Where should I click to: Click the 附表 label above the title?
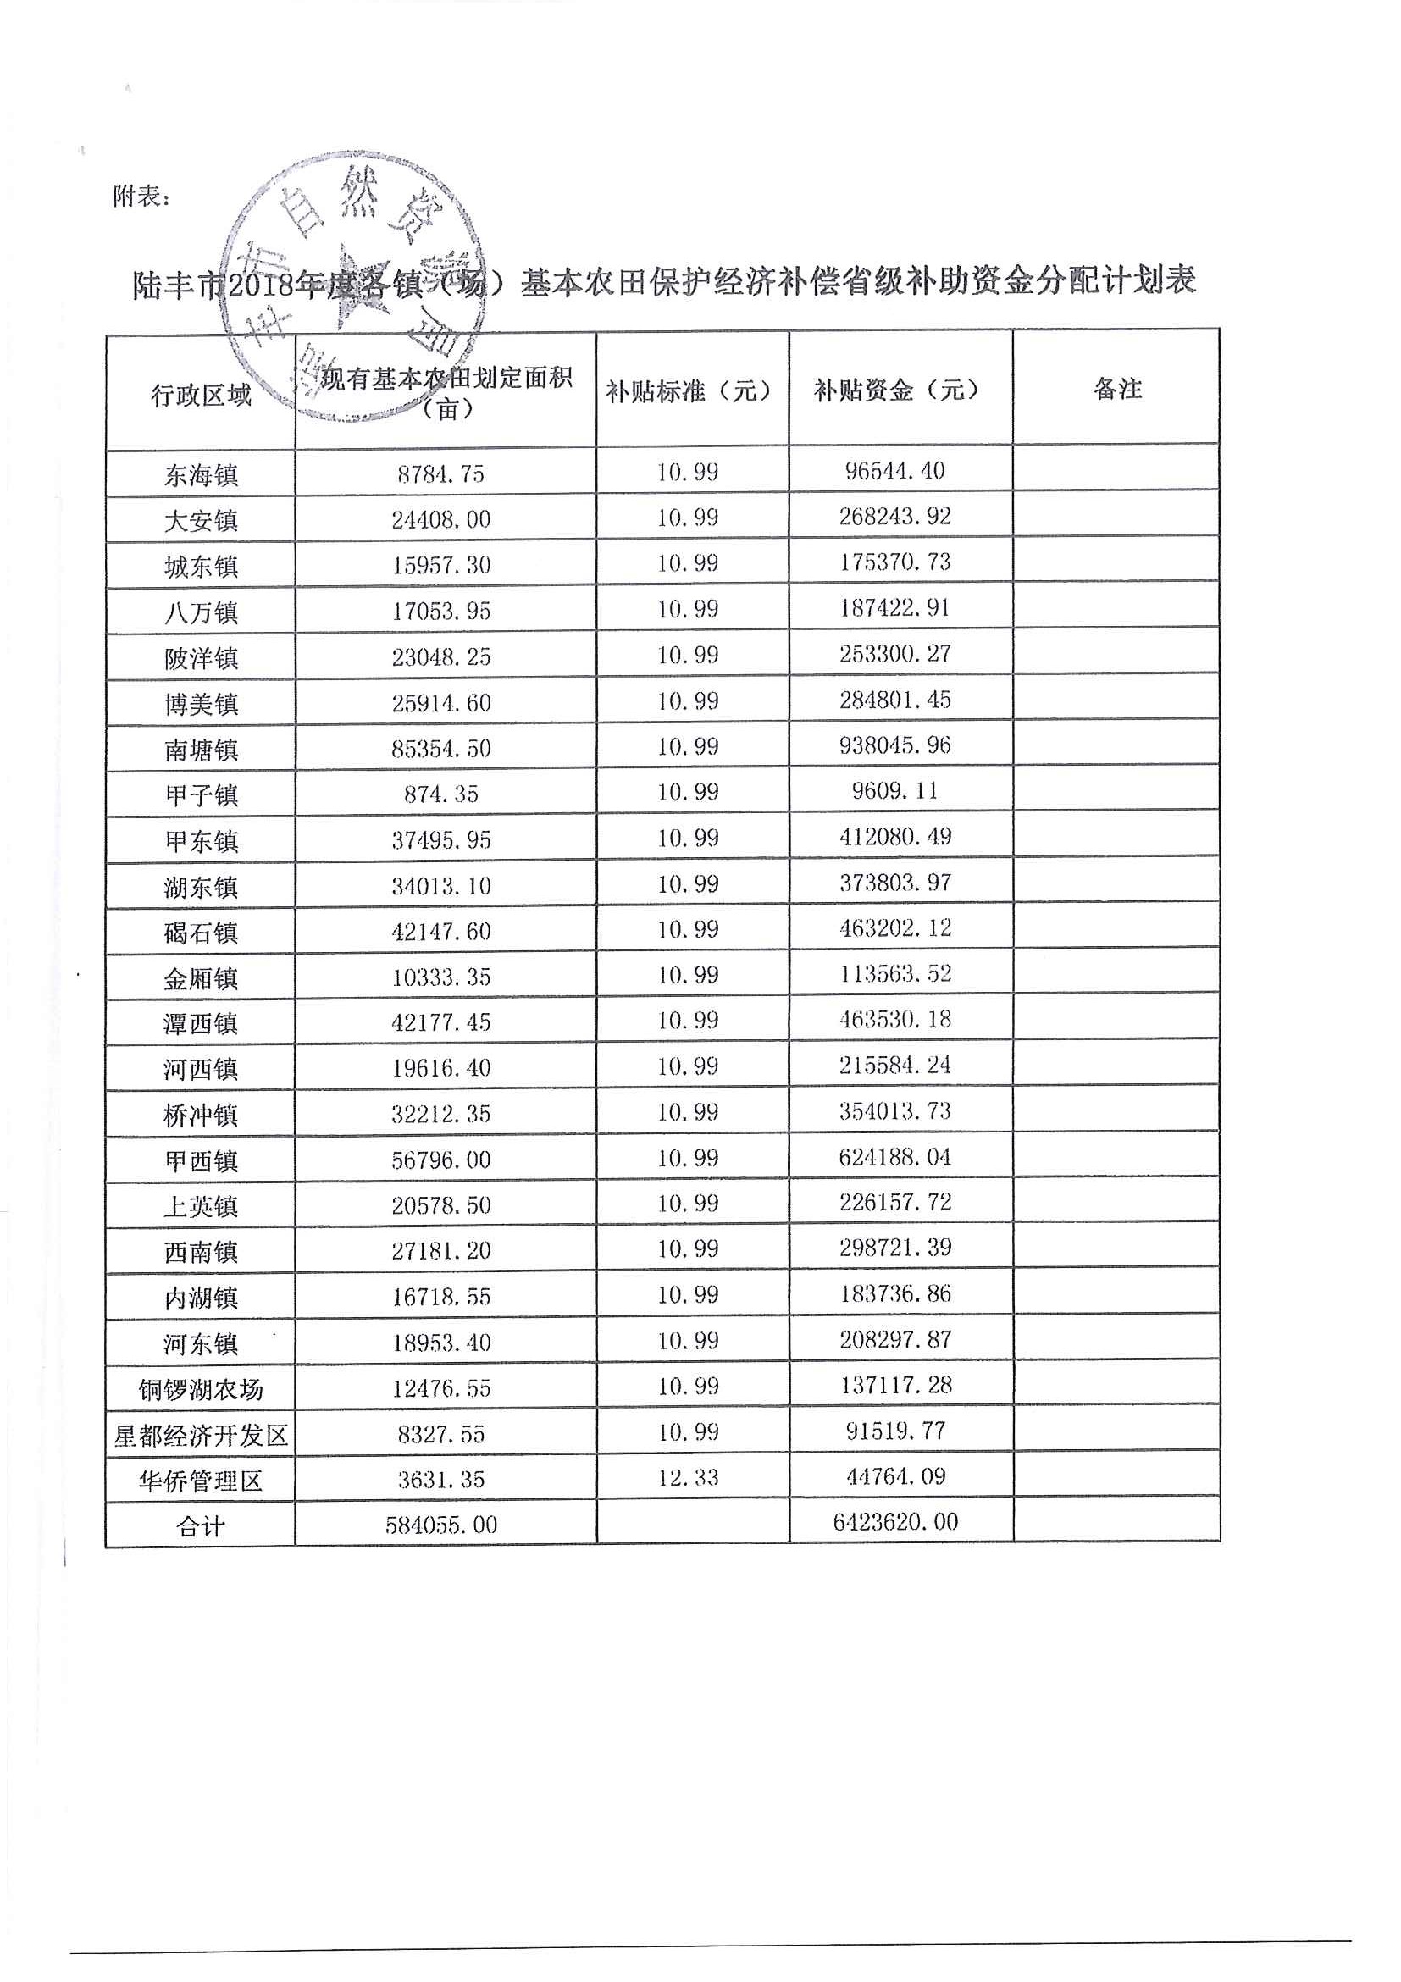click(141, 197)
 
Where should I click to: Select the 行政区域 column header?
click(200, 395)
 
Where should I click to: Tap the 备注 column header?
click(1117, 390)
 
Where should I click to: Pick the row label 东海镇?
click(200, 475)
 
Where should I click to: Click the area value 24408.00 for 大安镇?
click(441, 520)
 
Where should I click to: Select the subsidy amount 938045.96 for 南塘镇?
click(895, 745)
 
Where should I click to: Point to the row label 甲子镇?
click(200, 795)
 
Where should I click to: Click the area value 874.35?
click(441, 794)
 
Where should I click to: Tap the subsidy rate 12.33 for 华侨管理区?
click(688, 1477)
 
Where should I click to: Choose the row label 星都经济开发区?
click(200, 1436)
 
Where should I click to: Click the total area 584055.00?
click(441, 1525)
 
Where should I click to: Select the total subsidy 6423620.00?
click(895, 1522)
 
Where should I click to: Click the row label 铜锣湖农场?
click(200, 1390)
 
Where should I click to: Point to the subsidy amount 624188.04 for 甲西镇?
click(895, 1157)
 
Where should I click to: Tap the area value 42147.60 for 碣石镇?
click(441, 932)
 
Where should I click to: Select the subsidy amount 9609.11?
click(895, 791)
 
